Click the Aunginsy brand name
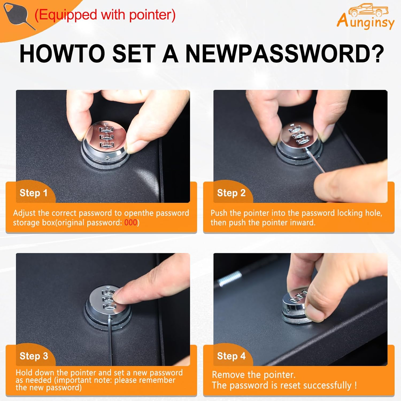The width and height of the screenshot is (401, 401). (365, 21)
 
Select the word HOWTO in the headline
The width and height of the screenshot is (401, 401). (62, 54)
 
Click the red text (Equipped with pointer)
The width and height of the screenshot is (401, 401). (105, 15)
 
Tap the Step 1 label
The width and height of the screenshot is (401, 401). (33, 193)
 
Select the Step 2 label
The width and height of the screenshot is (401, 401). (231, 193)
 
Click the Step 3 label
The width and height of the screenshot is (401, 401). (34, 356)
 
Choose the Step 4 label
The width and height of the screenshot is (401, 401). (231, 356)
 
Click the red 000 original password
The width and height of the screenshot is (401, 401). (131, 222)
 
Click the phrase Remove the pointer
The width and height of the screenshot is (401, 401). (254, 375)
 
